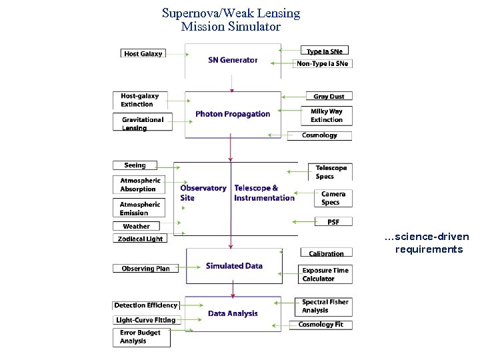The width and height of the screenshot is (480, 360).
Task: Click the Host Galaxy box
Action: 143,53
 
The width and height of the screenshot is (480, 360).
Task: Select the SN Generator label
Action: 233,60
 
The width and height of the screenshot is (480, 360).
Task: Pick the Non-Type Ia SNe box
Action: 323,63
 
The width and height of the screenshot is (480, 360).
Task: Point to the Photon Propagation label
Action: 233,114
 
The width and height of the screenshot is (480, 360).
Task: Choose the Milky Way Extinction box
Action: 327,115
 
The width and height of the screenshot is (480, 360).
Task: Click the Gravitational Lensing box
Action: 143,123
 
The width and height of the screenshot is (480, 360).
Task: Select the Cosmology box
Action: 319,135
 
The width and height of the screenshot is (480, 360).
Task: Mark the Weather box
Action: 136,226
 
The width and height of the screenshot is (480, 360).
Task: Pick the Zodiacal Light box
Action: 140,239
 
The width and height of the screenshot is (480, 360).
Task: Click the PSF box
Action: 333,221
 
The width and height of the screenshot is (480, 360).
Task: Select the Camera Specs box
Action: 333,198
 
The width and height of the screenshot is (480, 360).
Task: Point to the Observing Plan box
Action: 145,269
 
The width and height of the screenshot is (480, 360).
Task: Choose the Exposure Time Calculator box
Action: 326,274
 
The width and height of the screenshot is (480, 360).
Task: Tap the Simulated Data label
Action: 234,266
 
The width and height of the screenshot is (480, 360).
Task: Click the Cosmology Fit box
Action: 321,325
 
